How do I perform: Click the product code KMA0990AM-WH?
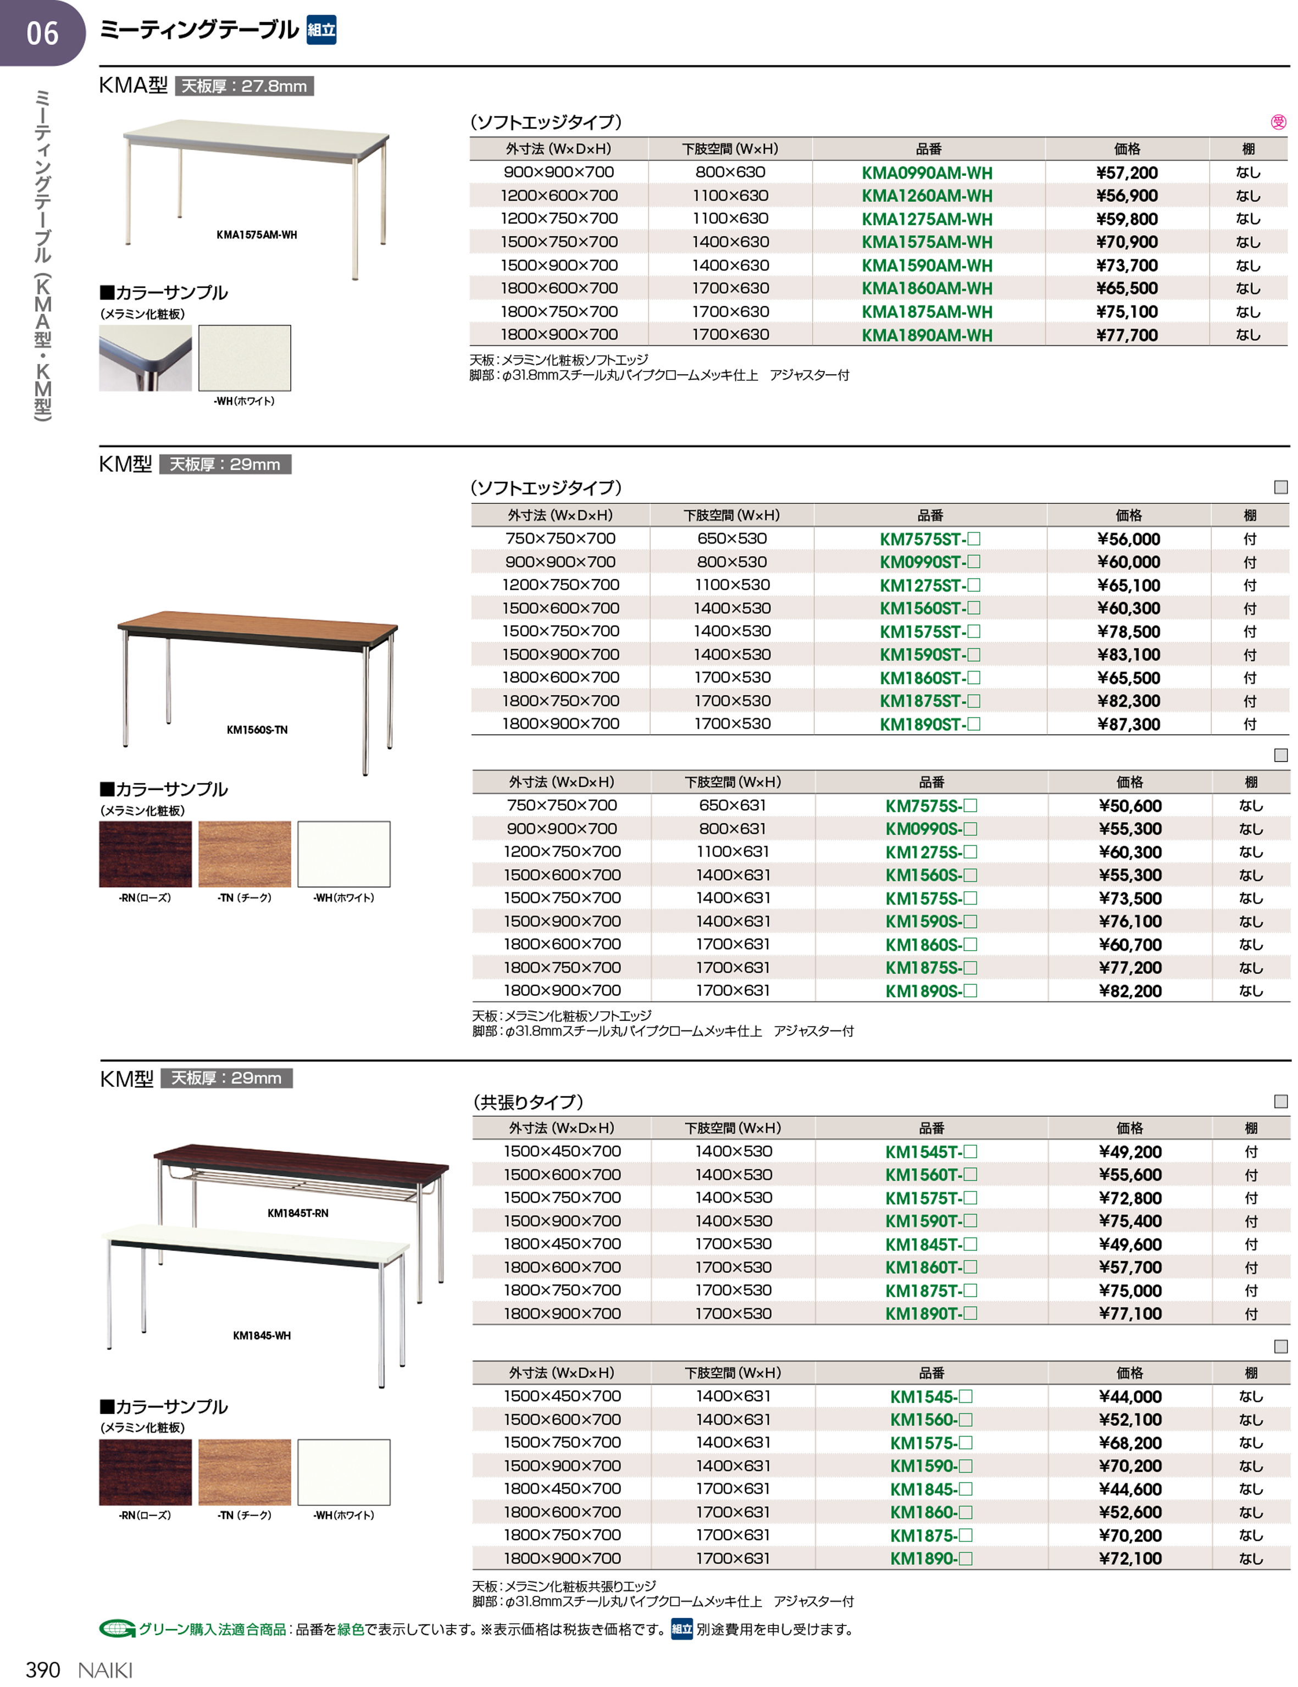(x=927, y=173)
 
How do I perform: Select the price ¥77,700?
(x=1127, y=335)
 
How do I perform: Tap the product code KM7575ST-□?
(x=929, y=539)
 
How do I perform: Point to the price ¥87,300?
(x=1129, y=725)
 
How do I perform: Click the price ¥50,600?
(x=1130, y=806)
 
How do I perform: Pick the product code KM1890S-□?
(x=931, y=991)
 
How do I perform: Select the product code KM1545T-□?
(x=931, y=1152)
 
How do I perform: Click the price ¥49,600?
(x=1130, y=1245)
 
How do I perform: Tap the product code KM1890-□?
(x=931, y=1559)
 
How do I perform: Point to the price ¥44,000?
(x=1130, y=1396)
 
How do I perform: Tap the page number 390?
(x=42, y=1670)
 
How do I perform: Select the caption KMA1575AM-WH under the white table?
(x=257, y=235)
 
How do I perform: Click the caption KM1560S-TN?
(x=257, y=730)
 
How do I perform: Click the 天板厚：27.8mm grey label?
(x=244, y=86)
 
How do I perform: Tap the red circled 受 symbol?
(x=1279, y=122)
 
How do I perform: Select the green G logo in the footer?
(x=117, y=1629)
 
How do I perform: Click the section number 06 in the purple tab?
(x=42, y=33)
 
